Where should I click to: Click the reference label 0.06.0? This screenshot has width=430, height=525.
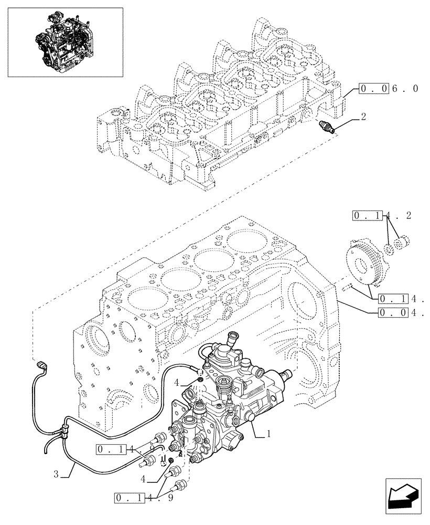click(x=389, y=89)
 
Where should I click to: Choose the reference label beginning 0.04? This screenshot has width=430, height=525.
click(x=400, y=313)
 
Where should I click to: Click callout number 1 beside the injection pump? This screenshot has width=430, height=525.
click(x=268, y=434)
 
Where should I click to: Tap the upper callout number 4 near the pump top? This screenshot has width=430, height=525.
click(x=178, y=382)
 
